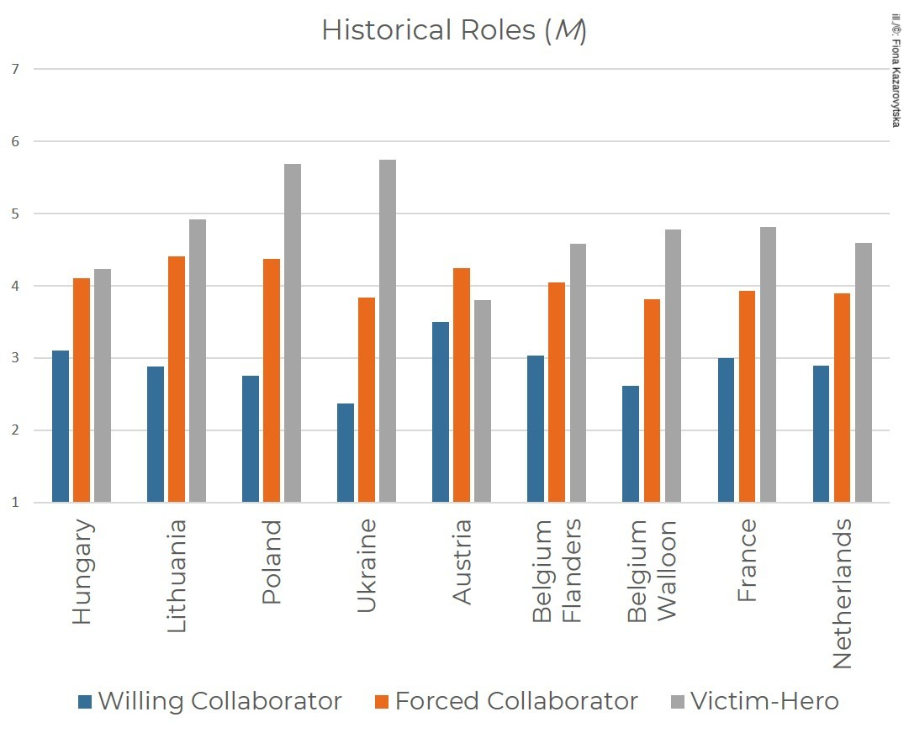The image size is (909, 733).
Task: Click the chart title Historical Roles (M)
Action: (453, 31)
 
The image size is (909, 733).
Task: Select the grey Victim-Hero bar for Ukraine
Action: (388, 331)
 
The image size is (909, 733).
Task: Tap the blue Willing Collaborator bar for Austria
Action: (441, 412)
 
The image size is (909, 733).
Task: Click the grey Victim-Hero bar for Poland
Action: (293, 333)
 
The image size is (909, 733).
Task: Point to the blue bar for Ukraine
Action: (346, 453)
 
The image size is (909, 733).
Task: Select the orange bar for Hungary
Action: (82, 390)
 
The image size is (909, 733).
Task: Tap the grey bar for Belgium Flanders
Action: (578, 373)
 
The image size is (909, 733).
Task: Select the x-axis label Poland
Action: (272, 562)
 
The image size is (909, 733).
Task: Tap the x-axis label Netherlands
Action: (842, 593)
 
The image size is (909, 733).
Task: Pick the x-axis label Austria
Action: (462, 562)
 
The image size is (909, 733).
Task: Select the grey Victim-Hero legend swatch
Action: (677, 701)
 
